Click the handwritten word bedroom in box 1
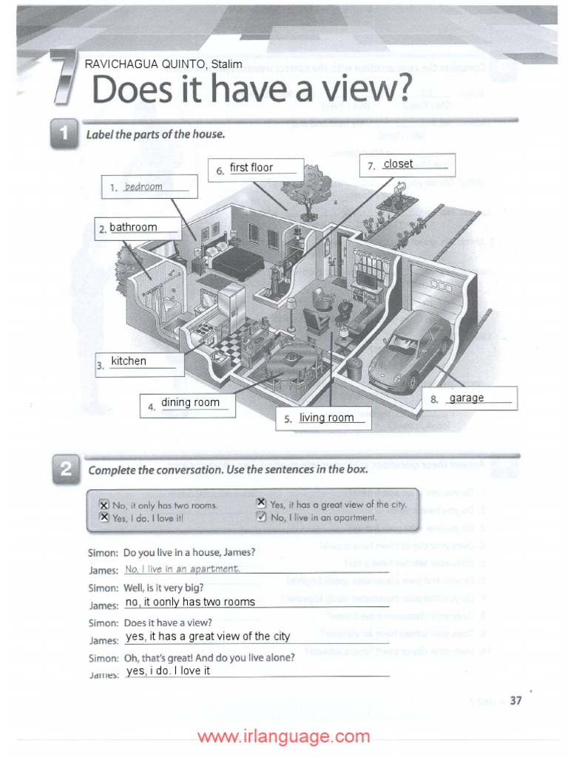143,187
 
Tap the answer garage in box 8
467,398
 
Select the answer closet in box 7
398,164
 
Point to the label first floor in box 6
251,168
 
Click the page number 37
515,702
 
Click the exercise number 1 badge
65,135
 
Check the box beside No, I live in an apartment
260,517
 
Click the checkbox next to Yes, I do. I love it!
104,517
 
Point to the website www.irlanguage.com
284,736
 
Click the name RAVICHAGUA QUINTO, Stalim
163,64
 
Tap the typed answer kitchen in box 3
129,361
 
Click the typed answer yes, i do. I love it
169,671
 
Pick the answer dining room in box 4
190,402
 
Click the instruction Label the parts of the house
155,135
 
